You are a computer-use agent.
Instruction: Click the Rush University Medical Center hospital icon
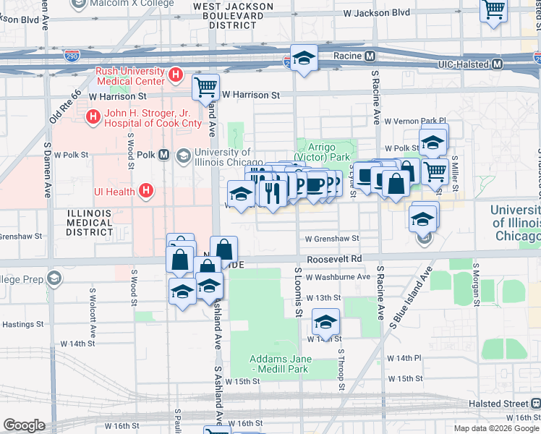click(174, 75)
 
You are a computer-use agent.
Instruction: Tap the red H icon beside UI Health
click(145, 191)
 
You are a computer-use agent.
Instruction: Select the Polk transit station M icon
click(164, 155)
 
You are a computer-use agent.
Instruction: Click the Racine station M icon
click(370, 56)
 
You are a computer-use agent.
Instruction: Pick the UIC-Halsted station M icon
click(497, 64)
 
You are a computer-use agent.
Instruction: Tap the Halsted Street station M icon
click(534, 403)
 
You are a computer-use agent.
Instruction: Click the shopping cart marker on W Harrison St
click(205, 88)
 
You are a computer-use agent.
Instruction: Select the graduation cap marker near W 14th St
click(325, 320)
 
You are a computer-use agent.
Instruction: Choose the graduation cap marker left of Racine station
click(304, 58)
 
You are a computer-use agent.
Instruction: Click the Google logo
click(23, 425)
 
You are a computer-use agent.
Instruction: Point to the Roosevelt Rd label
click(333, 258)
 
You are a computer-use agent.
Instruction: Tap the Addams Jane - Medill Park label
click(280, 364)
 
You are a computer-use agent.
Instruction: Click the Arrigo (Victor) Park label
click(325, 152)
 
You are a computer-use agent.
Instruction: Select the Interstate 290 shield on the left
click(72, 55)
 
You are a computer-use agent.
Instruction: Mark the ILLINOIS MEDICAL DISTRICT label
click(90, 223)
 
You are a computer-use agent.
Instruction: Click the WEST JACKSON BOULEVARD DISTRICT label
click(232, 15)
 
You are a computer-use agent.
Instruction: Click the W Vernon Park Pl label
click(416, 121)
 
